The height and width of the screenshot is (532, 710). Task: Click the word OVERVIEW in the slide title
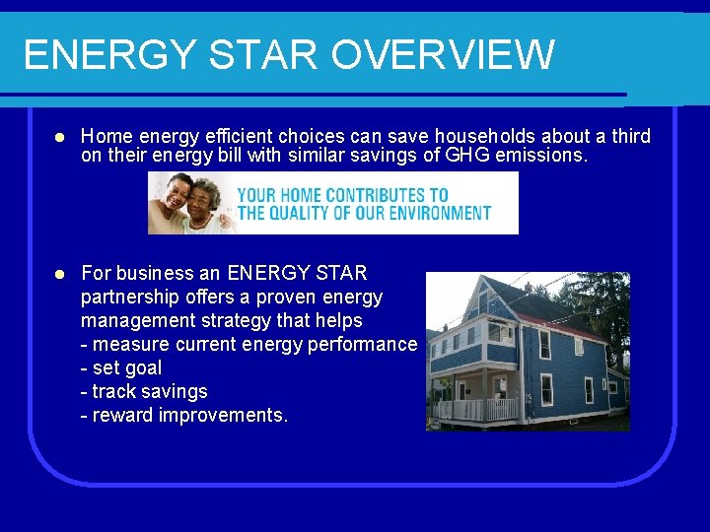click(442, 54)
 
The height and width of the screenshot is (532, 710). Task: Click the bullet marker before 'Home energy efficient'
click(60, 136)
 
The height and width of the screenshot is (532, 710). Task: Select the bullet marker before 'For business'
click(60, 273)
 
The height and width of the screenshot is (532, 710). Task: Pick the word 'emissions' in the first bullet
click(544, 155)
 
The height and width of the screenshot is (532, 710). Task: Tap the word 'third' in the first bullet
click(629, 136)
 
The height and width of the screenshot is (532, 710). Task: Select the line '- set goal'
click(120, 367)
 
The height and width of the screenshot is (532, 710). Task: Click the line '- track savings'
click(144, 391)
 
